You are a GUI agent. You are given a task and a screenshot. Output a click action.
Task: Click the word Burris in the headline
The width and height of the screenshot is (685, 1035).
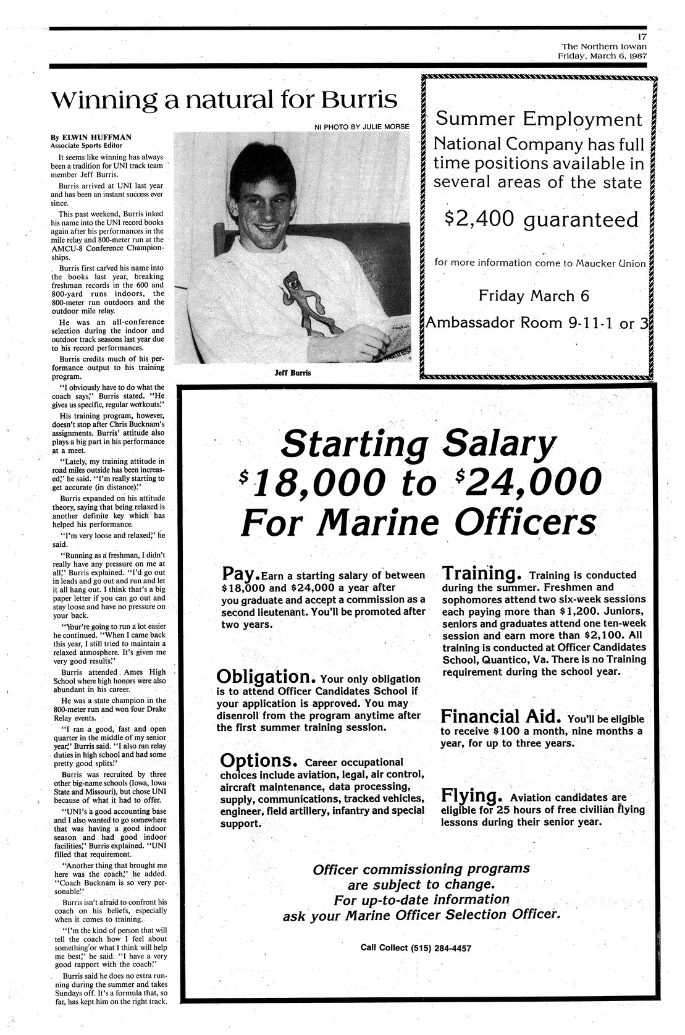point(360,99)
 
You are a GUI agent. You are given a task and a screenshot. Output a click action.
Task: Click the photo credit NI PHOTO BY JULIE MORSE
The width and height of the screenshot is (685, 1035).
point(361,126)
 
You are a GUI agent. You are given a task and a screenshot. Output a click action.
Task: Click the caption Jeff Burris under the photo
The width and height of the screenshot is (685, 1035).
point(292,373)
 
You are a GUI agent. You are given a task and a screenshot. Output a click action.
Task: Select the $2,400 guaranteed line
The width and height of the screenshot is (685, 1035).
point(541,219)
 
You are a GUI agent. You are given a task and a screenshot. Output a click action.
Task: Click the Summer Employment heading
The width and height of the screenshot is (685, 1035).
point(539,119)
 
